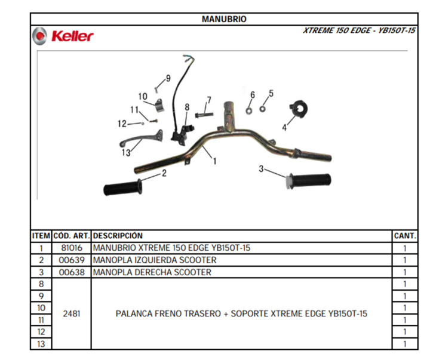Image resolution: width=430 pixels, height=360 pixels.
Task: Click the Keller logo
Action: (63, 36)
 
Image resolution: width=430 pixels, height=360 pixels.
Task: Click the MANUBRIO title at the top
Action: (224, 19)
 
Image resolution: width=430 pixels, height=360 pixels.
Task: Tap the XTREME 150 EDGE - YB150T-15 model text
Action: (359, 30)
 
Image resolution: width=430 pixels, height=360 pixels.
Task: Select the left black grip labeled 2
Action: (123, 187)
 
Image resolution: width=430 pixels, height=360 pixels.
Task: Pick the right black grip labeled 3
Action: (308, 181)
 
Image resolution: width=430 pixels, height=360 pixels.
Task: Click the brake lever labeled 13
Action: (142, 139)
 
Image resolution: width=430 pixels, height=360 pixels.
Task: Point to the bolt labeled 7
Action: (204, 115)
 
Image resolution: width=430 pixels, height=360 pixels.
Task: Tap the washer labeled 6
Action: (249, 111)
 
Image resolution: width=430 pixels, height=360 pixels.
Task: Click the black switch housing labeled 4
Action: (299, 109)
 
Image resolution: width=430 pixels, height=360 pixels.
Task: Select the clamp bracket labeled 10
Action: (159, 106)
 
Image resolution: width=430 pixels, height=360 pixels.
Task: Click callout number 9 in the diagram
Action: (168, 78)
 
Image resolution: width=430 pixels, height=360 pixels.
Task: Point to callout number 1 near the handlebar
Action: (215, 161)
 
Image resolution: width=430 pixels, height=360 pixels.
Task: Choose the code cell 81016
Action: (72, 248)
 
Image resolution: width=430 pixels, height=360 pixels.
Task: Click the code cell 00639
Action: (72, 260)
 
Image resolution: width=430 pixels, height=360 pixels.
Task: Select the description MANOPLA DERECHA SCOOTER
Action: (152, 272)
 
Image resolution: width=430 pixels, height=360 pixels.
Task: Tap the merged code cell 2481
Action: (72, 313)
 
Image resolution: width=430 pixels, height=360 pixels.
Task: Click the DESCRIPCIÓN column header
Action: (118, 236)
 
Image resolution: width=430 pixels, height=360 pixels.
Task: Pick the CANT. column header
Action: (405, 236)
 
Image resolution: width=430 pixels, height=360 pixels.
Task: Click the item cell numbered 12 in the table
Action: (41, 332)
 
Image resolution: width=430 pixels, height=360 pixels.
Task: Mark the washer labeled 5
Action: (262, 109)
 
